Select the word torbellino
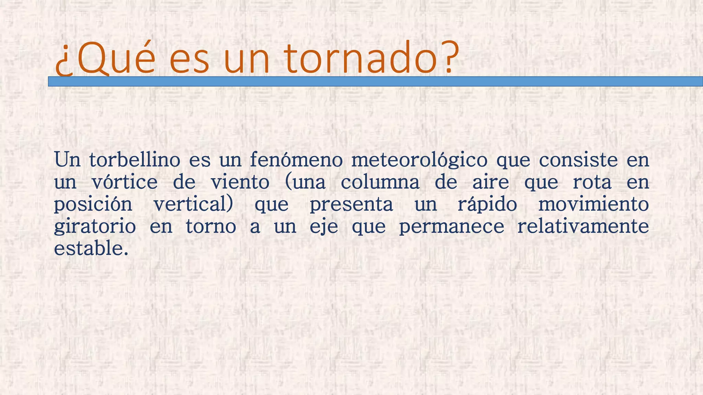coord(135,160)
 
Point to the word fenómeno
coord(296,160)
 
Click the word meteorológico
coord(419,160)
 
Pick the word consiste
coord(578,160)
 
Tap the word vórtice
coord(125,182)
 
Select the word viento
coord(240,182)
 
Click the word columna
coord(380,182)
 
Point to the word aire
coord(491,182)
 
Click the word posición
coord(93,205)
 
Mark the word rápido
coord(487,205)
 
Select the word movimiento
coord(593,204)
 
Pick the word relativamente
coord(583,226)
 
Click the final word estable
coord(91,248)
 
